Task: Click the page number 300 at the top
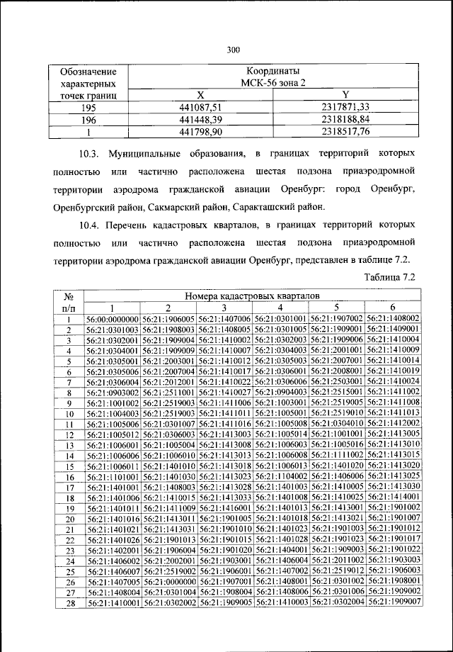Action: (234, 49)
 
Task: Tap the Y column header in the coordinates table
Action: (345, 94)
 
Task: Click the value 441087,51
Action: (201, 106)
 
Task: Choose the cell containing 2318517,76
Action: (345, 131)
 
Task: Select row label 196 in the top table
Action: (88, 119)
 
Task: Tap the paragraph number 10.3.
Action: (91, 154)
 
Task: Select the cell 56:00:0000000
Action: (113, 319)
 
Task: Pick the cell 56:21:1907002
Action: (337, 319)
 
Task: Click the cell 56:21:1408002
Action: (393, 319)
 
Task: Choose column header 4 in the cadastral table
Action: (281, 308)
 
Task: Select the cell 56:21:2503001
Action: (337, 381)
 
